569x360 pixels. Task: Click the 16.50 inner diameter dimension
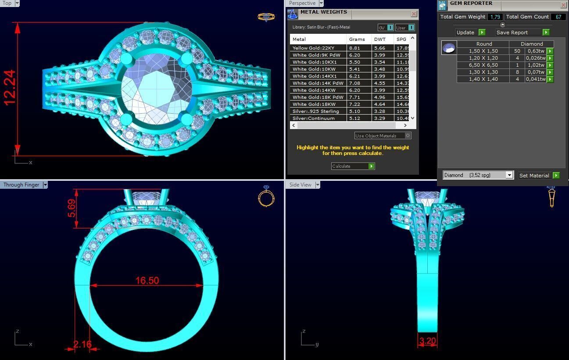[x=147, y=281]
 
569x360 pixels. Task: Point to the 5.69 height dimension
[x=72, y=209]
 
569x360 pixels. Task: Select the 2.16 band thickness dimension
[x=82, y=344]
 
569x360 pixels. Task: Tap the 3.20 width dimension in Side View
[x=427, y=341]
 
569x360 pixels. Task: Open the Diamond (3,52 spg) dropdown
[x=509, y=175]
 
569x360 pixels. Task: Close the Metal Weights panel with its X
[x=414, y=14]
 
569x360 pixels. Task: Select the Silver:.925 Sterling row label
[x=316, y=112]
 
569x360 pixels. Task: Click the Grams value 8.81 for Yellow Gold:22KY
[x=354, y=48]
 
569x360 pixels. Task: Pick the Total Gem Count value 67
[x=558, y=17]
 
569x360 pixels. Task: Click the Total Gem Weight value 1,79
[x=495, y=17]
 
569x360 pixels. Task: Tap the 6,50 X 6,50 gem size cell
[x=483, y=65]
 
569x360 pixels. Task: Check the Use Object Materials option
[x=408, y=136]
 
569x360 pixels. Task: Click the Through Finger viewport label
[x=21, y=185]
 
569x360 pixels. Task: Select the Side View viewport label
[x=301, y=185]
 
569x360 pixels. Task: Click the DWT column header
[x=380, y=39]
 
